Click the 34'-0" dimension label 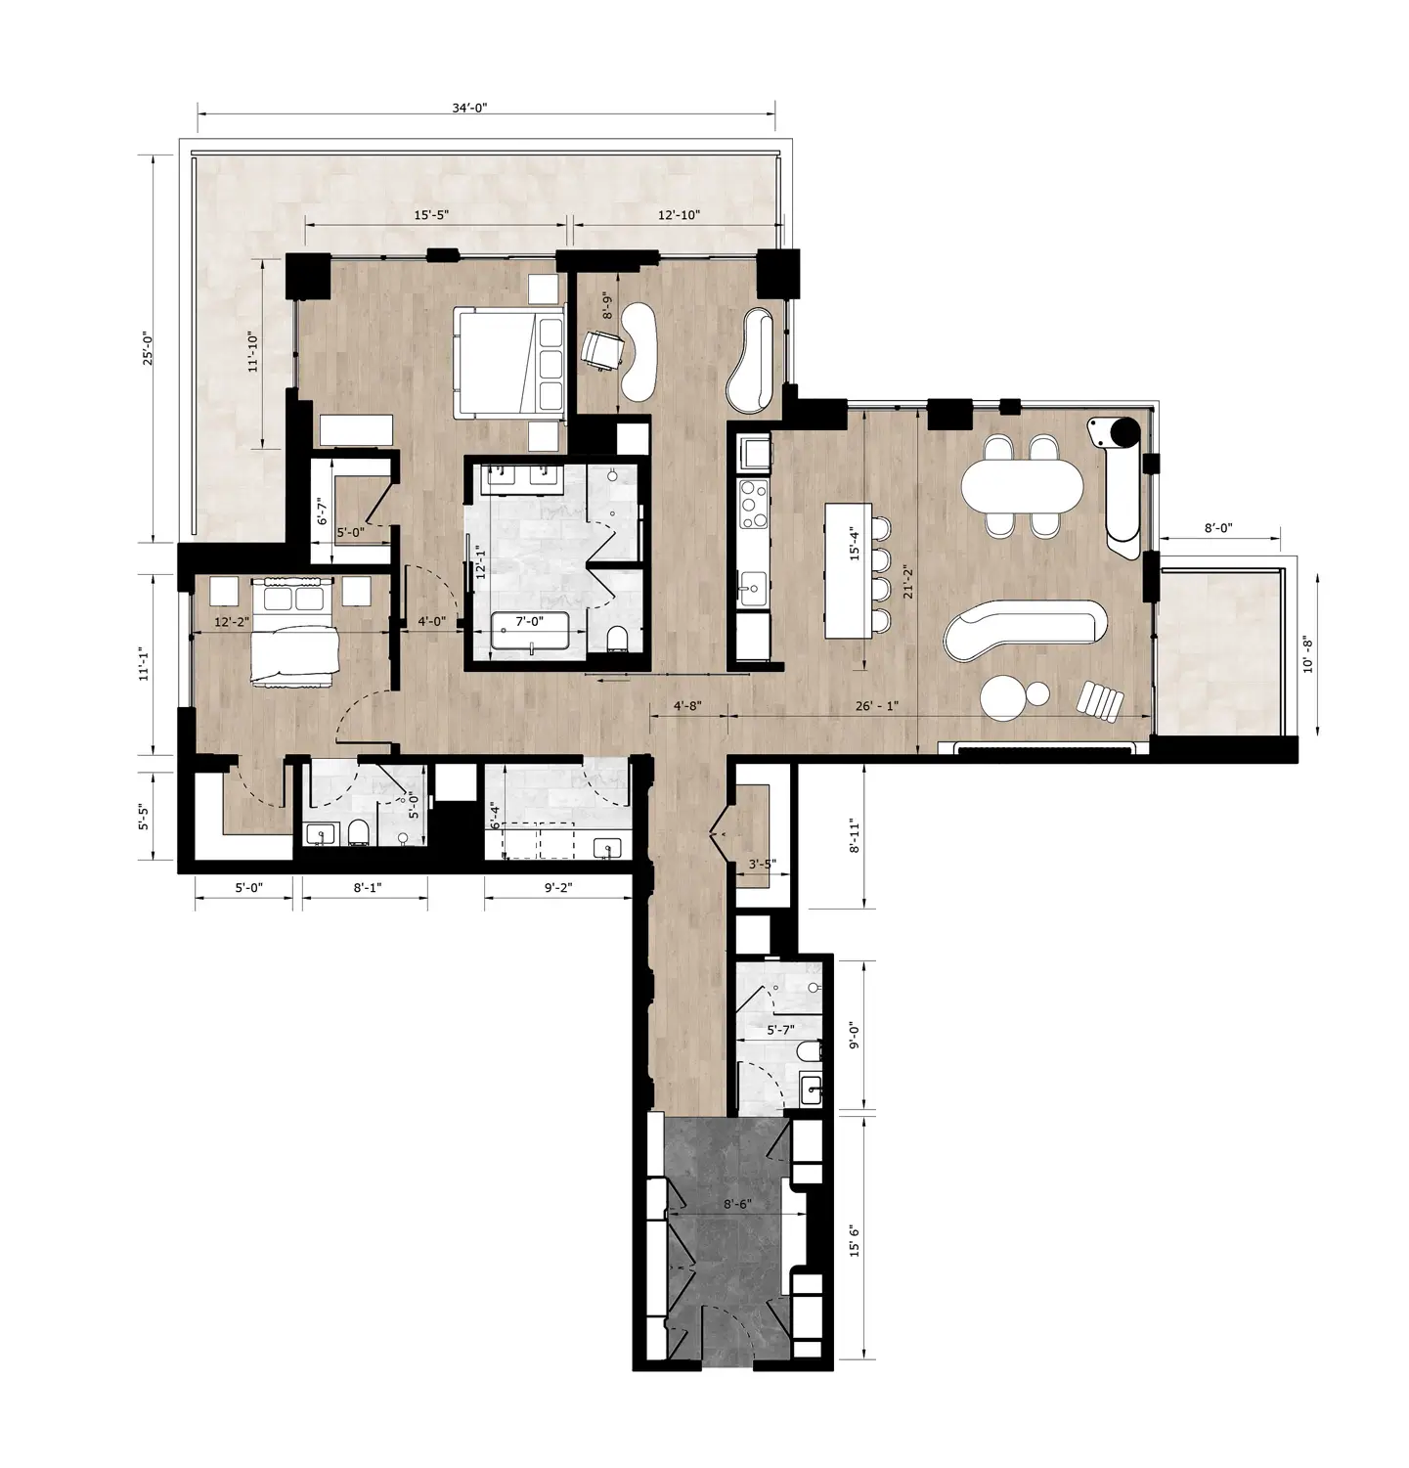[469, 109]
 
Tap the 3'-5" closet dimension [762, 865]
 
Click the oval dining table [1024, 485]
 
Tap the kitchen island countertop [846, 570]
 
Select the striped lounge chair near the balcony [1100, 701]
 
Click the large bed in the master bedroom [509, 359]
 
